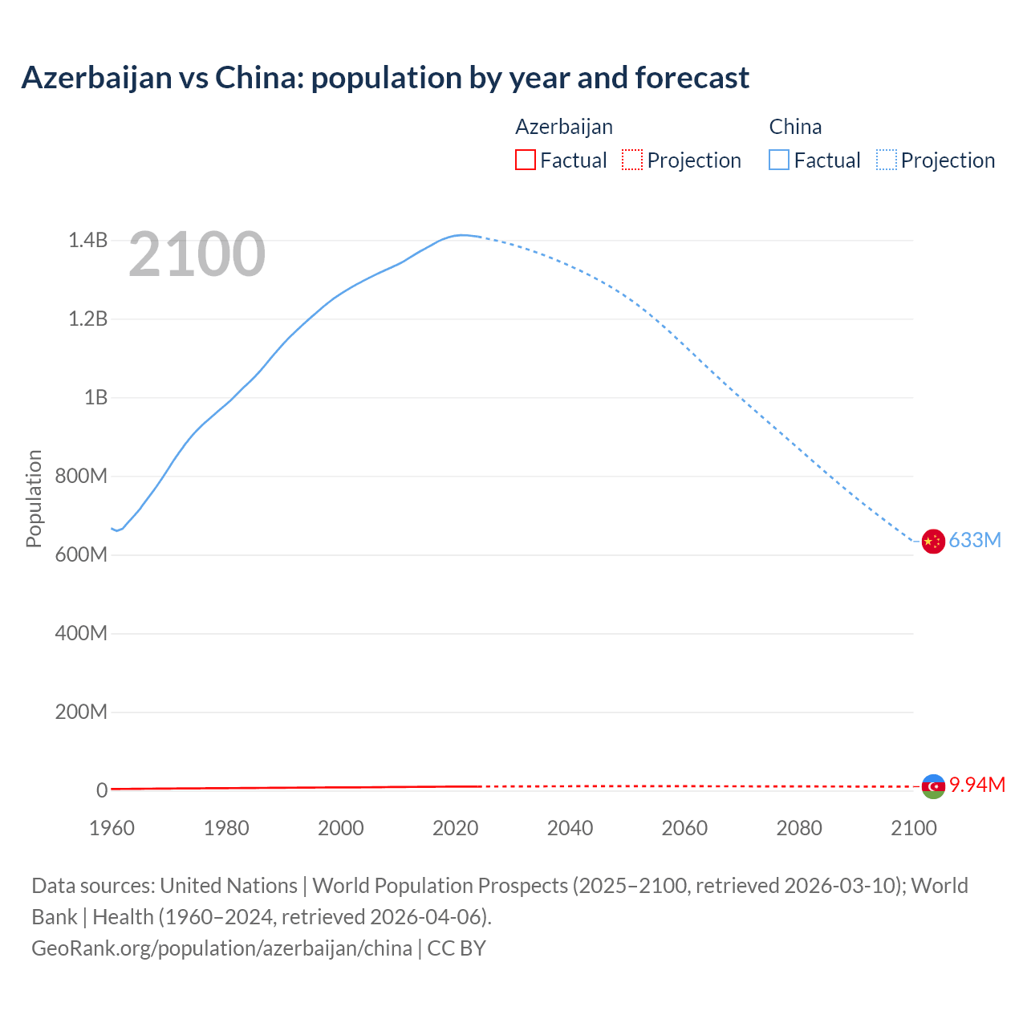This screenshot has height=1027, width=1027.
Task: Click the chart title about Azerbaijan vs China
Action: [385, 78]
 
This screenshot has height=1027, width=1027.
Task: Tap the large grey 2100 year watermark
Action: [197, 254]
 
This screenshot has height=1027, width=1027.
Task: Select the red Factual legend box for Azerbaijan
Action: [525, 160]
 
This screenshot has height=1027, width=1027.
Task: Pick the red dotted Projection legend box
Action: [631, 160]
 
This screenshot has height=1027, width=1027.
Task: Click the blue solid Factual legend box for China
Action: [778, 160]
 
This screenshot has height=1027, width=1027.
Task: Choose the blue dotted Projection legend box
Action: [886, 160]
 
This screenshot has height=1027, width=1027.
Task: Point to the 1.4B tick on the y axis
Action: [87, 241]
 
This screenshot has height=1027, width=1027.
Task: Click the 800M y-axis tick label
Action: [81, 477]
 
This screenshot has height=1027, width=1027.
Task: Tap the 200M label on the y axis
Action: [81, 712]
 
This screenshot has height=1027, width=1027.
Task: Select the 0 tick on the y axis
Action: [102, 790]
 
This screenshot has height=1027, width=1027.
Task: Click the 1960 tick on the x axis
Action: [112, 828]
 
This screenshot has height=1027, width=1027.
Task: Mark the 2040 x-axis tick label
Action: [570, 828]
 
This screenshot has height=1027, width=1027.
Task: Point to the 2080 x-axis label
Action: [799, 828]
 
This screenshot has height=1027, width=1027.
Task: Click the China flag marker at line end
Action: [932, 542]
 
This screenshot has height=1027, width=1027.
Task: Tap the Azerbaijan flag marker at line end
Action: [933, 786]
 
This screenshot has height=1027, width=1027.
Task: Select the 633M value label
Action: [975, 540]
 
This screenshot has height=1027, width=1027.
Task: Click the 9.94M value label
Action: [977, 785]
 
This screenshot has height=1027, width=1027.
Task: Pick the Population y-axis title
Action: [34, 498]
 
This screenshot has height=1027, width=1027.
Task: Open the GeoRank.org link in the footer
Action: [221, 948]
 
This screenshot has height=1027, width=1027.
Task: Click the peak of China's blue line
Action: [460, 235]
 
